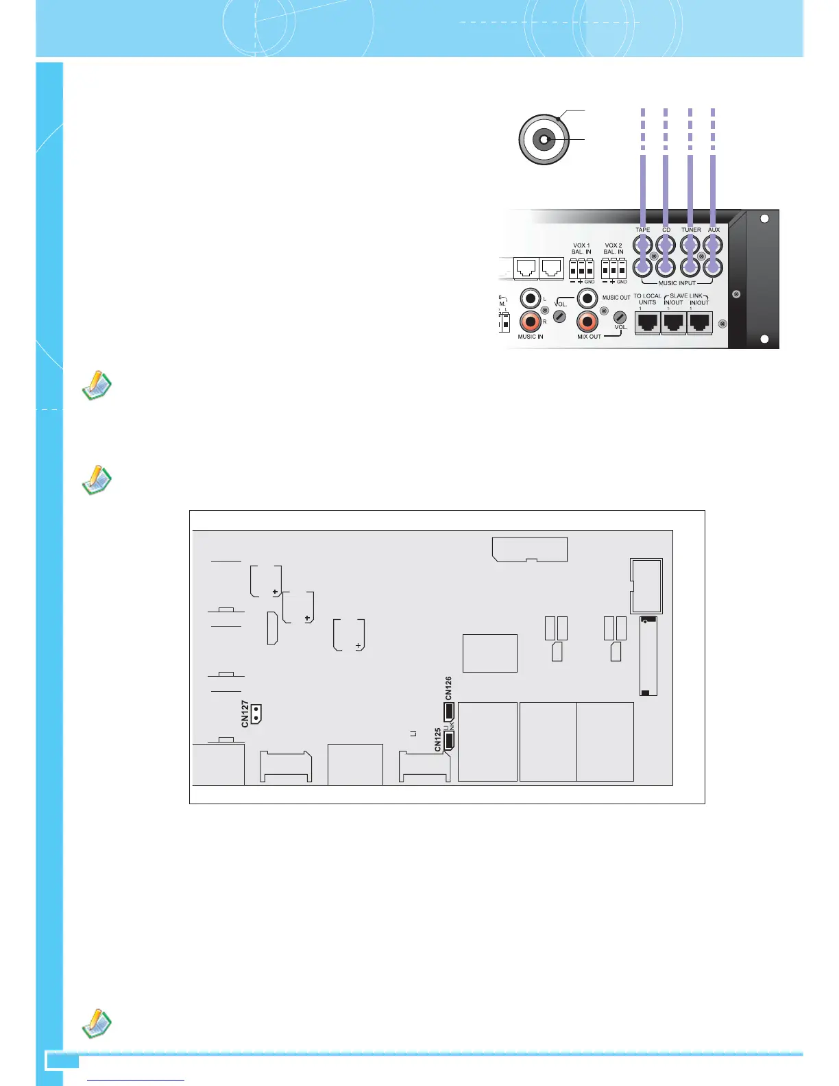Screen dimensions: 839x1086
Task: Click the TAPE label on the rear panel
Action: pos(642,230)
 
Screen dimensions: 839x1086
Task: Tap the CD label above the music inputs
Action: pos(666,230)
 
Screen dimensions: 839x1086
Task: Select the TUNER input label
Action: pos(691,230)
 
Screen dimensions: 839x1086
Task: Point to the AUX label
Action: pos(714,230)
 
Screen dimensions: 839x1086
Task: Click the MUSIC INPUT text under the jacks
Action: pos(677,283)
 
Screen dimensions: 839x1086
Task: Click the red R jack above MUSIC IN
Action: pos(531,320)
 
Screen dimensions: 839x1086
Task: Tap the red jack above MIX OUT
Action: pos(587,320)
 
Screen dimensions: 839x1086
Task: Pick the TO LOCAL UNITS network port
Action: pos(648,322)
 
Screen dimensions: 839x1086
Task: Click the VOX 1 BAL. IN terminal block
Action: pos(581,268)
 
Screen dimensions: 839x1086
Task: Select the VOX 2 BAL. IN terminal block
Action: pos(613,268)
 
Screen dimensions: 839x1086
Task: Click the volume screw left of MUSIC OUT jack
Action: pos(560,317)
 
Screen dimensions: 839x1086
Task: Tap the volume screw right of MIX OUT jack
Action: pos(619,317)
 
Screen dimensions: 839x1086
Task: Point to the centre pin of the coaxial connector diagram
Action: pos(543,141)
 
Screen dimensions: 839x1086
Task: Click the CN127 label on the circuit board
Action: pos(245,714)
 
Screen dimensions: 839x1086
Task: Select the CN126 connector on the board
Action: pos(449,710)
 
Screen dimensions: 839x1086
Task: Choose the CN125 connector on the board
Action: pos(450,740)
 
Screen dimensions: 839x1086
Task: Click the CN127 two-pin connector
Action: pos(256,714)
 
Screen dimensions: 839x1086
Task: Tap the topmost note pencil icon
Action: pos(97,385)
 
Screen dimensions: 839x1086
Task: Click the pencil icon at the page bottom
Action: pos(97,1023)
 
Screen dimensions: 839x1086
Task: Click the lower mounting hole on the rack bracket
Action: pos(765,339)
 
